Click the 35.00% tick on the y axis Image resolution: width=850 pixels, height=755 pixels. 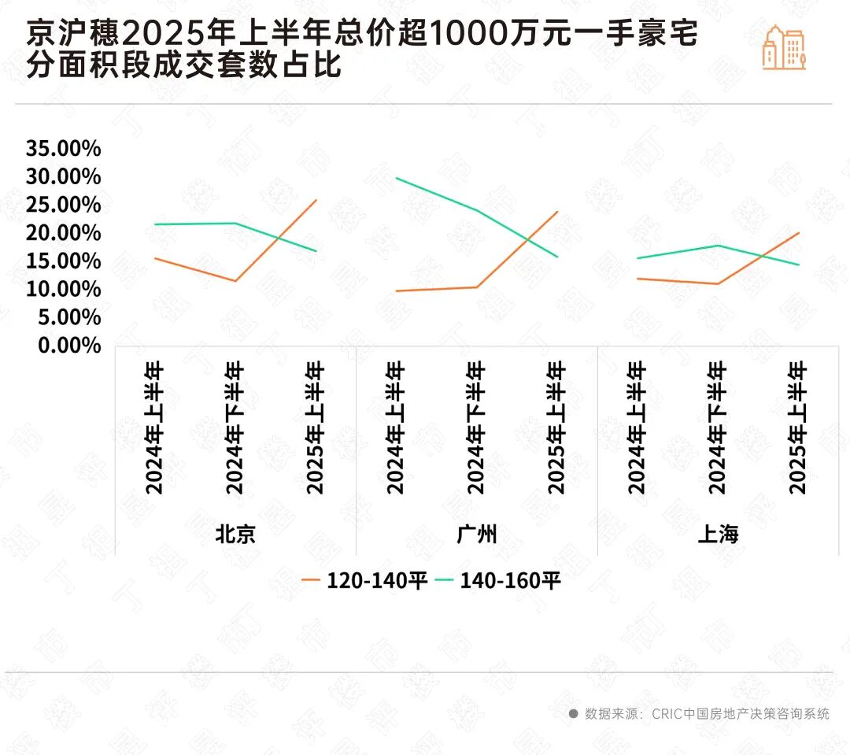(64, 148)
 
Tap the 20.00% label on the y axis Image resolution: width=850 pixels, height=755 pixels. (64, 233)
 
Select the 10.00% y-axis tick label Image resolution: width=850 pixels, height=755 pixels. (64, 289)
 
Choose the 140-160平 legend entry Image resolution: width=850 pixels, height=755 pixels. (498, 581)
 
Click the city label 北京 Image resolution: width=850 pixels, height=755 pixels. (235, 535)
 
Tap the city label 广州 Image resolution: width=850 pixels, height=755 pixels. (477, 535)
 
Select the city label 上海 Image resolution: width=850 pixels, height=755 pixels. (718, 535)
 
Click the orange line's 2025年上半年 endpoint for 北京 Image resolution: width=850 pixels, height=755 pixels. (316, 200)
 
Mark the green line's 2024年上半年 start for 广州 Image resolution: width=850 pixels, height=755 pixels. (397, 178)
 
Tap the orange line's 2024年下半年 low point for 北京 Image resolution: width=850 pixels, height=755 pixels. (235, 281)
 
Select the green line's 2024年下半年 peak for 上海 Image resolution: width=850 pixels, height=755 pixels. (718, 245)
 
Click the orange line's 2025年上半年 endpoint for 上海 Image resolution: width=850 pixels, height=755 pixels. (799, 233)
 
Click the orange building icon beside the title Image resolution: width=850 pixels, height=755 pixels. (784, 47)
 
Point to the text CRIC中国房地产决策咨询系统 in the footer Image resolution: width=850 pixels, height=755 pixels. (740, 714)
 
